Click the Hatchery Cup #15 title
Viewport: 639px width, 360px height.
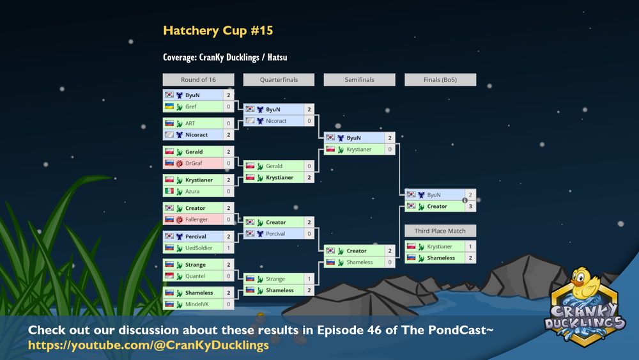[218, 31]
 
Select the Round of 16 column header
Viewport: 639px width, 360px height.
[199, 79]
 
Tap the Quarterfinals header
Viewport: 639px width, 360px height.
[279, 79]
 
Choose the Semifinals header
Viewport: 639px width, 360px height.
[359, 79]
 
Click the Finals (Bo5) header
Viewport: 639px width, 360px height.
[440, 79]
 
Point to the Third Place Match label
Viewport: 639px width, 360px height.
[440, 231]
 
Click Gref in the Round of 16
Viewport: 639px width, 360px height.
[190, 107]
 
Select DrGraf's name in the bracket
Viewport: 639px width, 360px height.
[194, 163]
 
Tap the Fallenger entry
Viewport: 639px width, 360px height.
[196, 219]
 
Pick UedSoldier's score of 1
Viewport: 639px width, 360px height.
[229, 248]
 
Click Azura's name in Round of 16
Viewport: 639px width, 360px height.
[192, 191]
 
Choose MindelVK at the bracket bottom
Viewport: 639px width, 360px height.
[197, 304]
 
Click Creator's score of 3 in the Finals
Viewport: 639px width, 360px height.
[470, 207]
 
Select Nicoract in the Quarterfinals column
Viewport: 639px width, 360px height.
[276, 121]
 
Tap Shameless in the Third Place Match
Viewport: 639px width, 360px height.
[441, 258]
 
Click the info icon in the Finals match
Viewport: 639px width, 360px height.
[465, 200]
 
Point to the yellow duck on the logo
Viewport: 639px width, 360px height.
[583, 283]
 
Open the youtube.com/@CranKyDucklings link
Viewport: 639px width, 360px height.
[148, 345]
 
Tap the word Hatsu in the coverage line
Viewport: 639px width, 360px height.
[277, 58]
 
